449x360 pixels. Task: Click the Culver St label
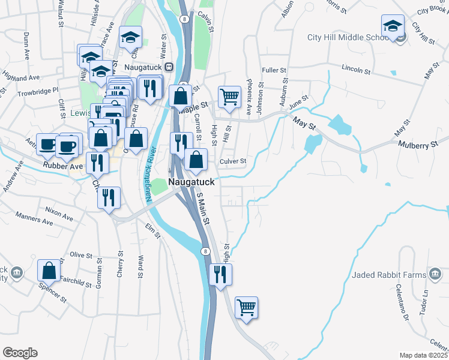233,161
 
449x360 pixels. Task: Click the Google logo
20,352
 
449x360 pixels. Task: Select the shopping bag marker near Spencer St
49,271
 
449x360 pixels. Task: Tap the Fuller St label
274,70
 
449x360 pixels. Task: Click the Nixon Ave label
59,211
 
